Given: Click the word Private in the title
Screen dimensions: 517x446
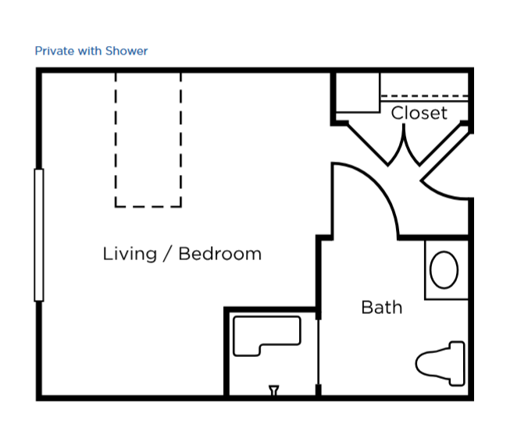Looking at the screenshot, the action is pos(55,51).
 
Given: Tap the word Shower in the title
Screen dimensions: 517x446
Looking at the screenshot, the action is pos(127,51).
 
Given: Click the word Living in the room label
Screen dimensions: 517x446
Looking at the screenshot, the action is pos(130,255).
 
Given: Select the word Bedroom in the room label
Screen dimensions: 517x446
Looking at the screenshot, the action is pos(220,254).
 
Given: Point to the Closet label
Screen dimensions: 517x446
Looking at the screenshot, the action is pos(419,112).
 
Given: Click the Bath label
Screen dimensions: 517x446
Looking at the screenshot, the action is pos(382,307).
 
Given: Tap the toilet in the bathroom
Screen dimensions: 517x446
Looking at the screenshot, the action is pos(440,363).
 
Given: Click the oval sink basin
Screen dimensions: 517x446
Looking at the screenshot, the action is pos(444,269).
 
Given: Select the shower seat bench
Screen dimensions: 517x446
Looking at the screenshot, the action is pos(267,336).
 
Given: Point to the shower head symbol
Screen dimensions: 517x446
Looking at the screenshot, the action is pos(274,391).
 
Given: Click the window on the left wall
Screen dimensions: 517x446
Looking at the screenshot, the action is pos(39,235).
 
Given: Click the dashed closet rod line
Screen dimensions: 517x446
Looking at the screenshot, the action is pos(424,96).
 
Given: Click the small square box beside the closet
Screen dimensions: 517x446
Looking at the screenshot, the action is pos(358,93).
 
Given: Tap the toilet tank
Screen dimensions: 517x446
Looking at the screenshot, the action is pos(457,363).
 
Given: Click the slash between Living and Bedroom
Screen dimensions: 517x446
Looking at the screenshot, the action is pos(168,254).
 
